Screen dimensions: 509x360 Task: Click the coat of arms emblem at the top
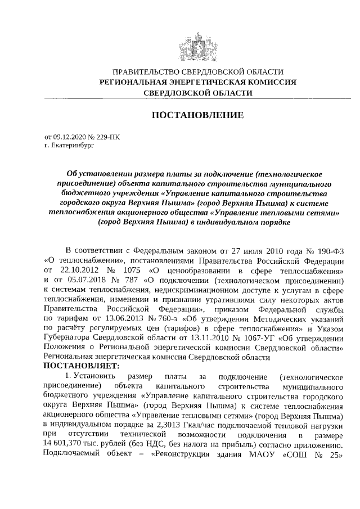click(196, 47)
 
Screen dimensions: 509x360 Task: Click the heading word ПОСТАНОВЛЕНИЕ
click(197, 115)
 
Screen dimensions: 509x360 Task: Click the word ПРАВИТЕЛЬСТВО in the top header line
click(143, 72)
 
